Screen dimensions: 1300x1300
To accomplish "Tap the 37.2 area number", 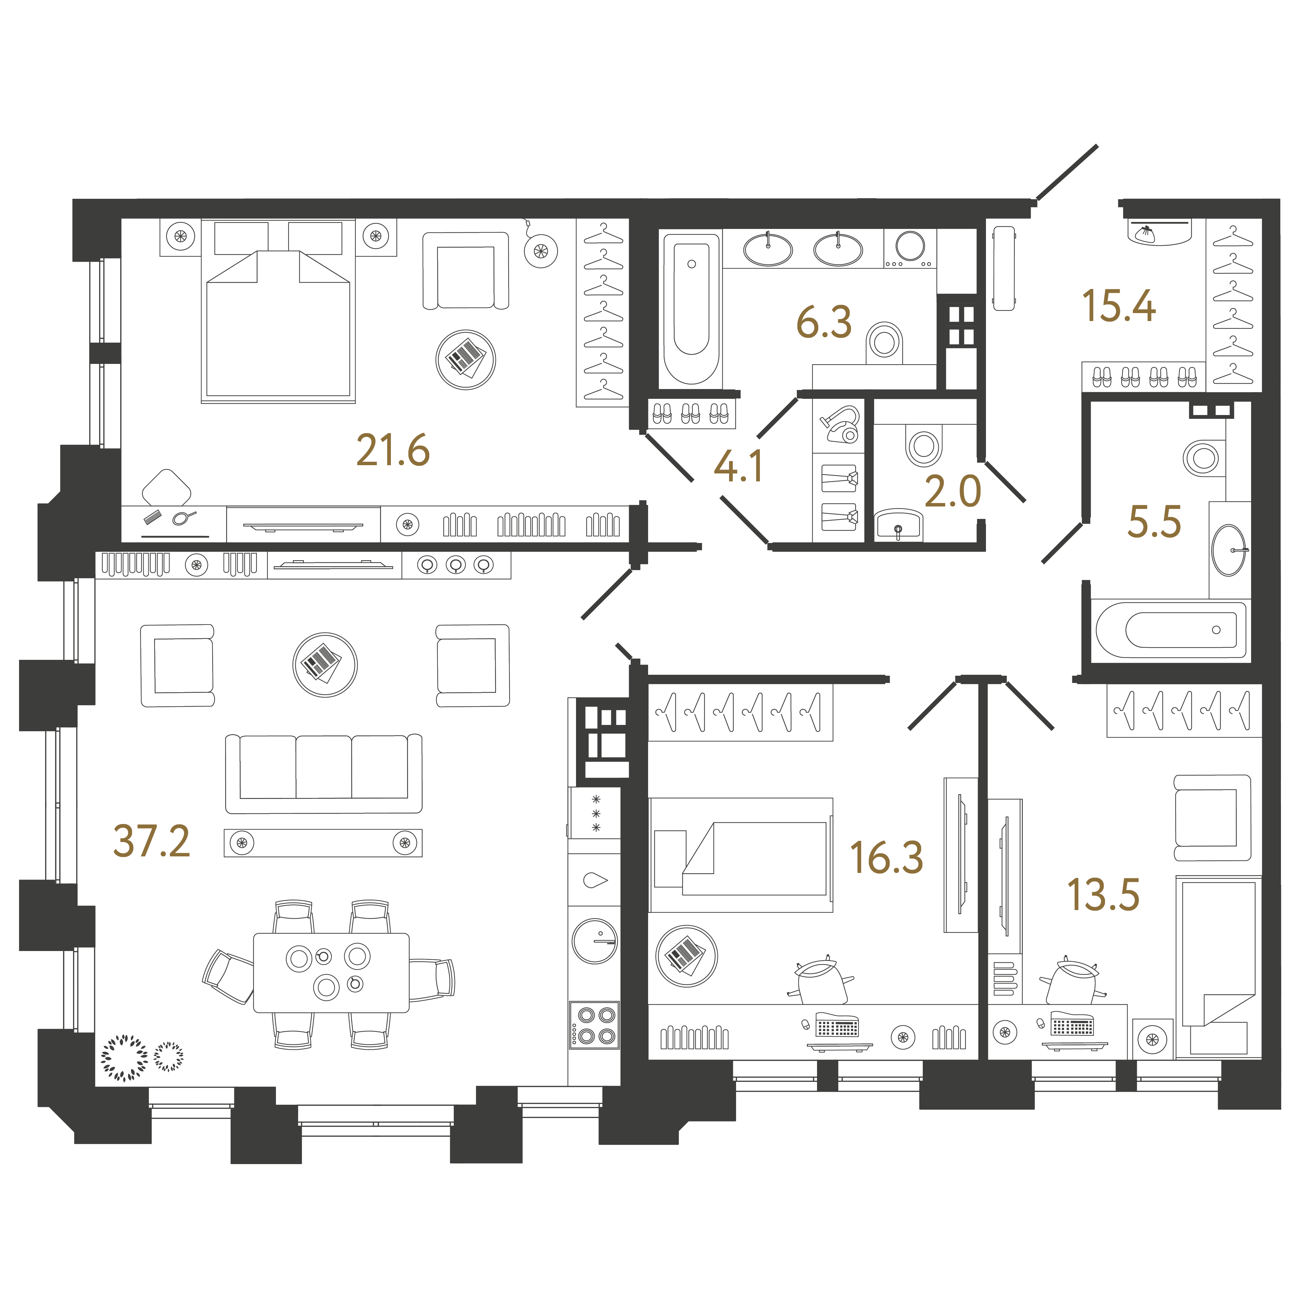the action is pyautogui.click(x=152, y=841).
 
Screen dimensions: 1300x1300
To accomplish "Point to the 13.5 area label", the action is pyautogui.click(x=1103, y=895).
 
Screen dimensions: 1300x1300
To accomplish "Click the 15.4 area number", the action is pyautogui.click(x=1119, y=306).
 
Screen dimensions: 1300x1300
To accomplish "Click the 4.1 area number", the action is pyautogui.click(x=738, y=466).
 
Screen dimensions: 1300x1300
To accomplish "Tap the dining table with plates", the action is pyautogui.click(x=331, y=972).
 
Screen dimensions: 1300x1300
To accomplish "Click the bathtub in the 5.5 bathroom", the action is pyautogui.click(x=1171, y=630).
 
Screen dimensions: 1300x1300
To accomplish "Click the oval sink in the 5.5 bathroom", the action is pyautogui.click(x=1229, y=550).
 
